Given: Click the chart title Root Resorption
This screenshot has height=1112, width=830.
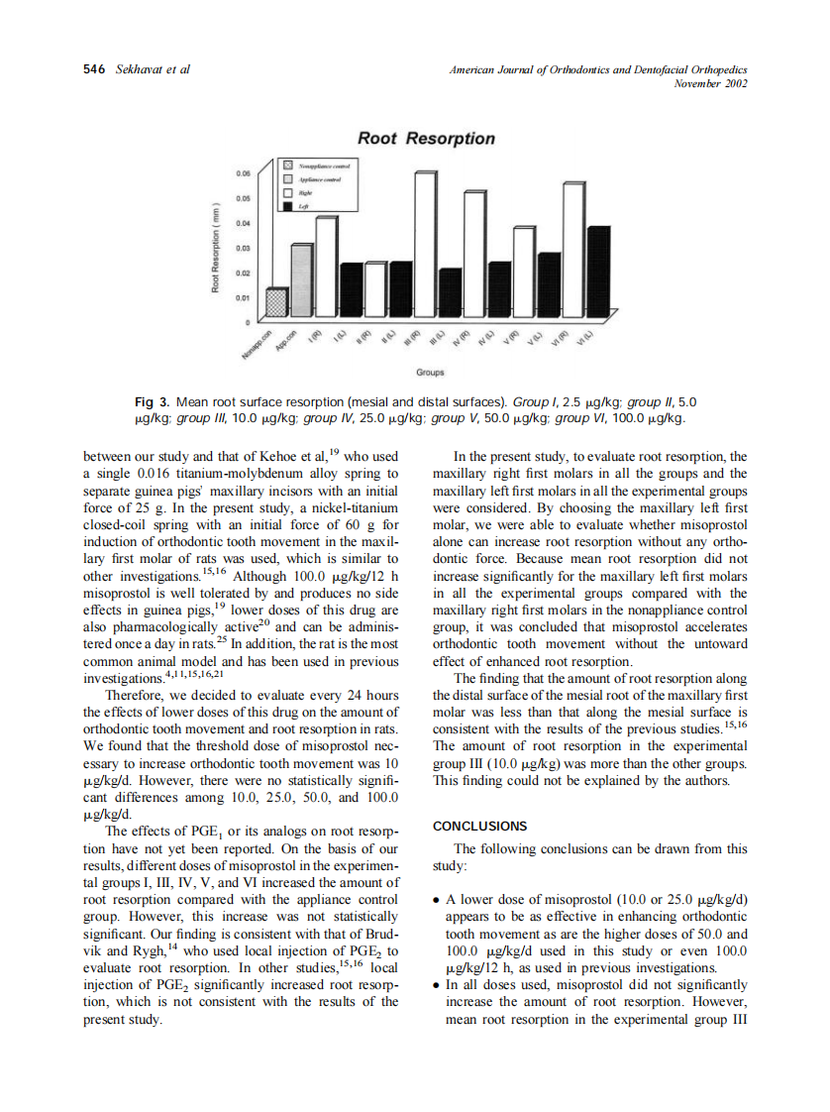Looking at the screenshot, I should pos(426,139).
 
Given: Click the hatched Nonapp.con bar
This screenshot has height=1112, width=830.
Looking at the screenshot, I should pos(278,303).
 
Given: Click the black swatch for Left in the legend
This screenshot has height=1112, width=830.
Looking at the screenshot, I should pos(288,206).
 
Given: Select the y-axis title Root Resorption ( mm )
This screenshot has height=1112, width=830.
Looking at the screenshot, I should pos(214,248).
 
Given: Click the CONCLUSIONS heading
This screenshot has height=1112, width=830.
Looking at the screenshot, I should pos(480,826).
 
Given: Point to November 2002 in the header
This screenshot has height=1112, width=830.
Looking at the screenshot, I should pos(710,83).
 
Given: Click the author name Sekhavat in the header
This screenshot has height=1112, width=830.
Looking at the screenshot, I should pos(140,69).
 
